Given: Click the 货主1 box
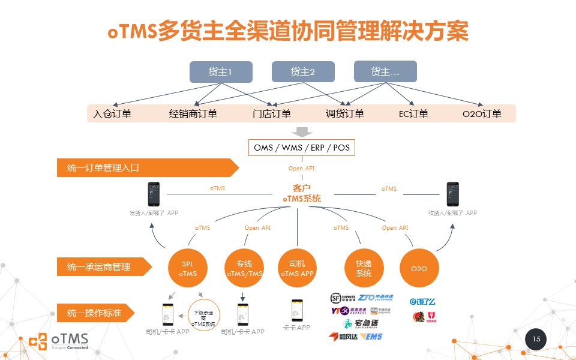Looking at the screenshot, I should [221, 72].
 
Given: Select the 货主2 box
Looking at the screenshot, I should [303, 72].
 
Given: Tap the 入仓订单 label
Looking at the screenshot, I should [112, 113].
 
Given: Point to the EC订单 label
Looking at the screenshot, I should [413, 113].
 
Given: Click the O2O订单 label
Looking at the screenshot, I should [482, 113].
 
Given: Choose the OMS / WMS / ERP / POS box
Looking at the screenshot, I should [301, 147].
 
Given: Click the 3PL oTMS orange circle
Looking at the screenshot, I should [188, 268].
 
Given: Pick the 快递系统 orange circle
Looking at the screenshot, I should [364, 268].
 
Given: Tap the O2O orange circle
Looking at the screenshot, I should [419, 268].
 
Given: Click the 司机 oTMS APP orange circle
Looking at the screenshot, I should [297, 268].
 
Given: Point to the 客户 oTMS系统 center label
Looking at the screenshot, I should [301, 193].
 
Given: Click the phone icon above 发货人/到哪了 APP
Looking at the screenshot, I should [154, 194].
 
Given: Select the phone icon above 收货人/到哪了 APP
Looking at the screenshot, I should [452, 194].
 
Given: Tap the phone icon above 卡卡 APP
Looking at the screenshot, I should [296, 310].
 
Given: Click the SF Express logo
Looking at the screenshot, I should [343, 298].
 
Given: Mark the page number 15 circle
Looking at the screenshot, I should [536, 340].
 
